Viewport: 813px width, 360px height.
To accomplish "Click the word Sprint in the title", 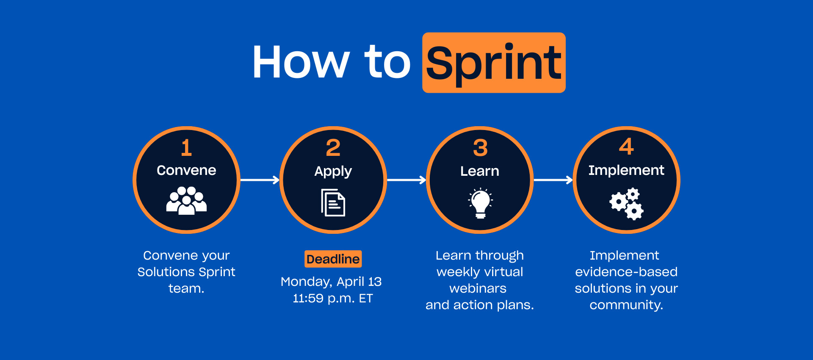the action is click(494, 64).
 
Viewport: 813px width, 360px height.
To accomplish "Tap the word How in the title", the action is click(301, 62).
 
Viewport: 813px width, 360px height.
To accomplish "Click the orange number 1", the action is click(186, 148).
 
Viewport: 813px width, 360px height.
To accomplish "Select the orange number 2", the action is click(333, 148).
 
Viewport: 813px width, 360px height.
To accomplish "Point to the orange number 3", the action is click(480, 148).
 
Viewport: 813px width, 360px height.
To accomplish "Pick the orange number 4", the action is click(626, 147).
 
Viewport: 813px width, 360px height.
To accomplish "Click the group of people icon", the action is click(186, 200).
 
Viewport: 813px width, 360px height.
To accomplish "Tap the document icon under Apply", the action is click(333, 202).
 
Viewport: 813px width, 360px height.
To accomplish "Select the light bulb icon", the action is click(480, 203).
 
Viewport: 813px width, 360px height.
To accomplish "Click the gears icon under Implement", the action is click(627, 204).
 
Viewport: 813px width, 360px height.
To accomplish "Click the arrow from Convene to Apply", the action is click(260, 180).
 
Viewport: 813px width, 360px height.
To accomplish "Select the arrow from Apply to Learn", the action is click(406, 180).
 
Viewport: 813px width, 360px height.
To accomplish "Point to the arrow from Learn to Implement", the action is click(553, 180).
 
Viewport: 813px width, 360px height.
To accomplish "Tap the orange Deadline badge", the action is click(333, 259).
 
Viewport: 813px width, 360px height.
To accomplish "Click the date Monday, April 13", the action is click(331, 282).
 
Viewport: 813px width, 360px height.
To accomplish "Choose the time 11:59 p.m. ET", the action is click(333, 299).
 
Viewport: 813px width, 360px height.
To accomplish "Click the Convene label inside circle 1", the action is click(186, 170).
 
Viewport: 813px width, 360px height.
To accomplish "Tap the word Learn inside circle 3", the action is click(480, 171).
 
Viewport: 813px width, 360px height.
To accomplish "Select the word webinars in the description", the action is click(478, 288).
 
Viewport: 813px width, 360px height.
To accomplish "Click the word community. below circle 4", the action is click(626, 305).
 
